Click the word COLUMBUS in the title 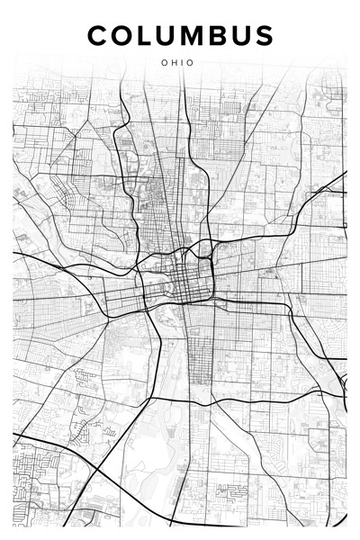tap(180, 35)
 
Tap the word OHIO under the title tap(178, 63)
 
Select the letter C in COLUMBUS tap(98, 35)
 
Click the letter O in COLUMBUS tap(122, 35)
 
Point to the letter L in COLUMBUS tap(144, 35)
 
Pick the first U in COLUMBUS tap(164, 35)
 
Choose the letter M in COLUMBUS tap(189, 35)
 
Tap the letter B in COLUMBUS tap(214, 35)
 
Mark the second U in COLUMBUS tap(237, 35)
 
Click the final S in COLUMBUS tap(261, 35)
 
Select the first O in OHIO tap(165, 63)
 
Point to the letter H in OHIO tap(175, 63)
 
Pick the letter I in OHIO tap(183, 63)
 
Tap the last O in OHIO tap(191, 63)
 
